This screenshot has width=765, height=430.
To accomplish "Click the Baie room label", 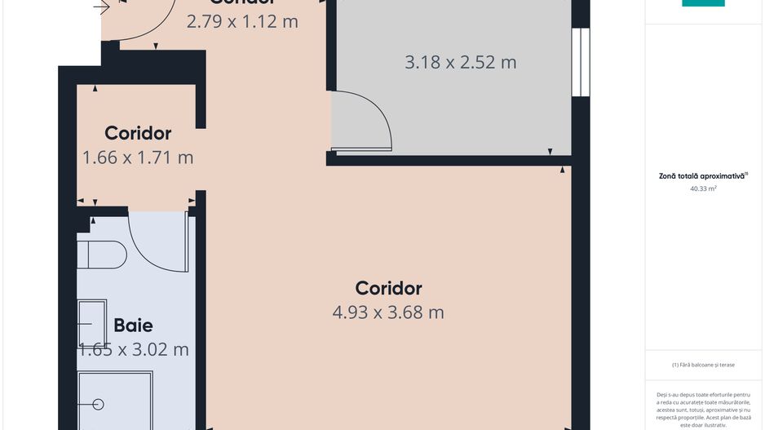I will [x=133, y=325].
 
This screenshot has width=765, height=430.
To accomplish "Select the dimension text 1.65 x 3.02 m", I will [x=134, y=349].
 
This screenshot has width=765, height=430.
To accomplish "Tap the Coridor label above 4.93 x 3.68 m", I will [x=388, y=288].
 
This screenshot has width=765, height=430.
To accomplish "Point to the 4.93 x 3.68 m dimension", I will [x=388, y=312].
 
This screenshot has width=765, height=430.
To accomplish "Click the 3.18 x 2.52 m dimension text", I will [x=461, y=62].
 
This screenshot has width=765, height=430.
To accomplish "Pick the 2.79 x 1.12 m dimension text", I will [x=242, y=21].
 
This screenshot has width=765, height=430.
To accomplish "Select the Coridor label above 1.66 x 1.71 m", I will [x=138, y=133].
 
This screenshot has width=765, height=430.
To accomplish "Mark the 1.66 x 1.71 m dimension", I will [x=138, y=157].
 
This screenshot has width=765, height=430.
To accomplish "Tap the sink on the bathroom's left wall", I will [x=91, y=323].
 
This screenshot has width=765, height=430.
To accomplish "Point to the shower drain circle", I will [x=99, y=404].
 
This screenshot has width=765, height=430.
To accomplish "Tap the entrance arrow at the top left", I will [x=101, y=8].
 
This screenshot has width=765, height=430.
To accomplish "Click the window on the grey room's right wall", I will [x=580, y=62].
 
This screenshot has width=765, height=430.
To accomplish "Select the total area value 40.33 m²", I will [x=703, y=188].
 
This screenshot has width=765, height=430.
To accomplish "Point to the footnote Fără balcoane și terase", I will [x=703, y=365].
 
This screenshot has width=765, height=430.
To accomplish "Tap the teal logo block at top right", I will [x=703, y=3].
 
